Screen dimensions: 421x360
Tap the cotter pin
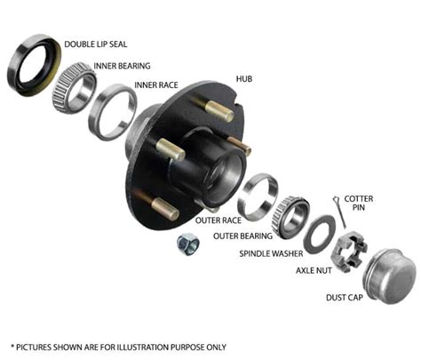point(339,212)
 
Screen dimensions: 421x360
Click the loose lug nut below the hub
point(188,244)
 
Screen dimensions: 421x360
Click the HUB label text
point(244,79)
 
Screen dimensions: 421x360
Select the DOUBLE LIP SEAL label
point(96,44)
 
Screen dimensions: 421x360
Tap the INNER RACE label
point(156,85)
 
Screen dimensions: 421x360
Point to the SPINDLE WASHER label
point(271,253)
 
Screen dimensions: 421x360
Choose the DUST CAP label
point(345,297)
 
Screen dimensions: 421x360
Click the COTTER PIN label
point(358,203)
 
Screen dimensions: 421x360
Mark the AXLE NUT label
point(314,270)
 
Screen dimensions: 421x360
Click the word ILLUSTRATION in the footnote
point(143,347)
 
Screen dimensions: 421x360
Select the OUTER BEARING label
point(242,236)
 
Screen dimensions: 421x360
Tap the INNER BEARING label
point(122,66)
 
